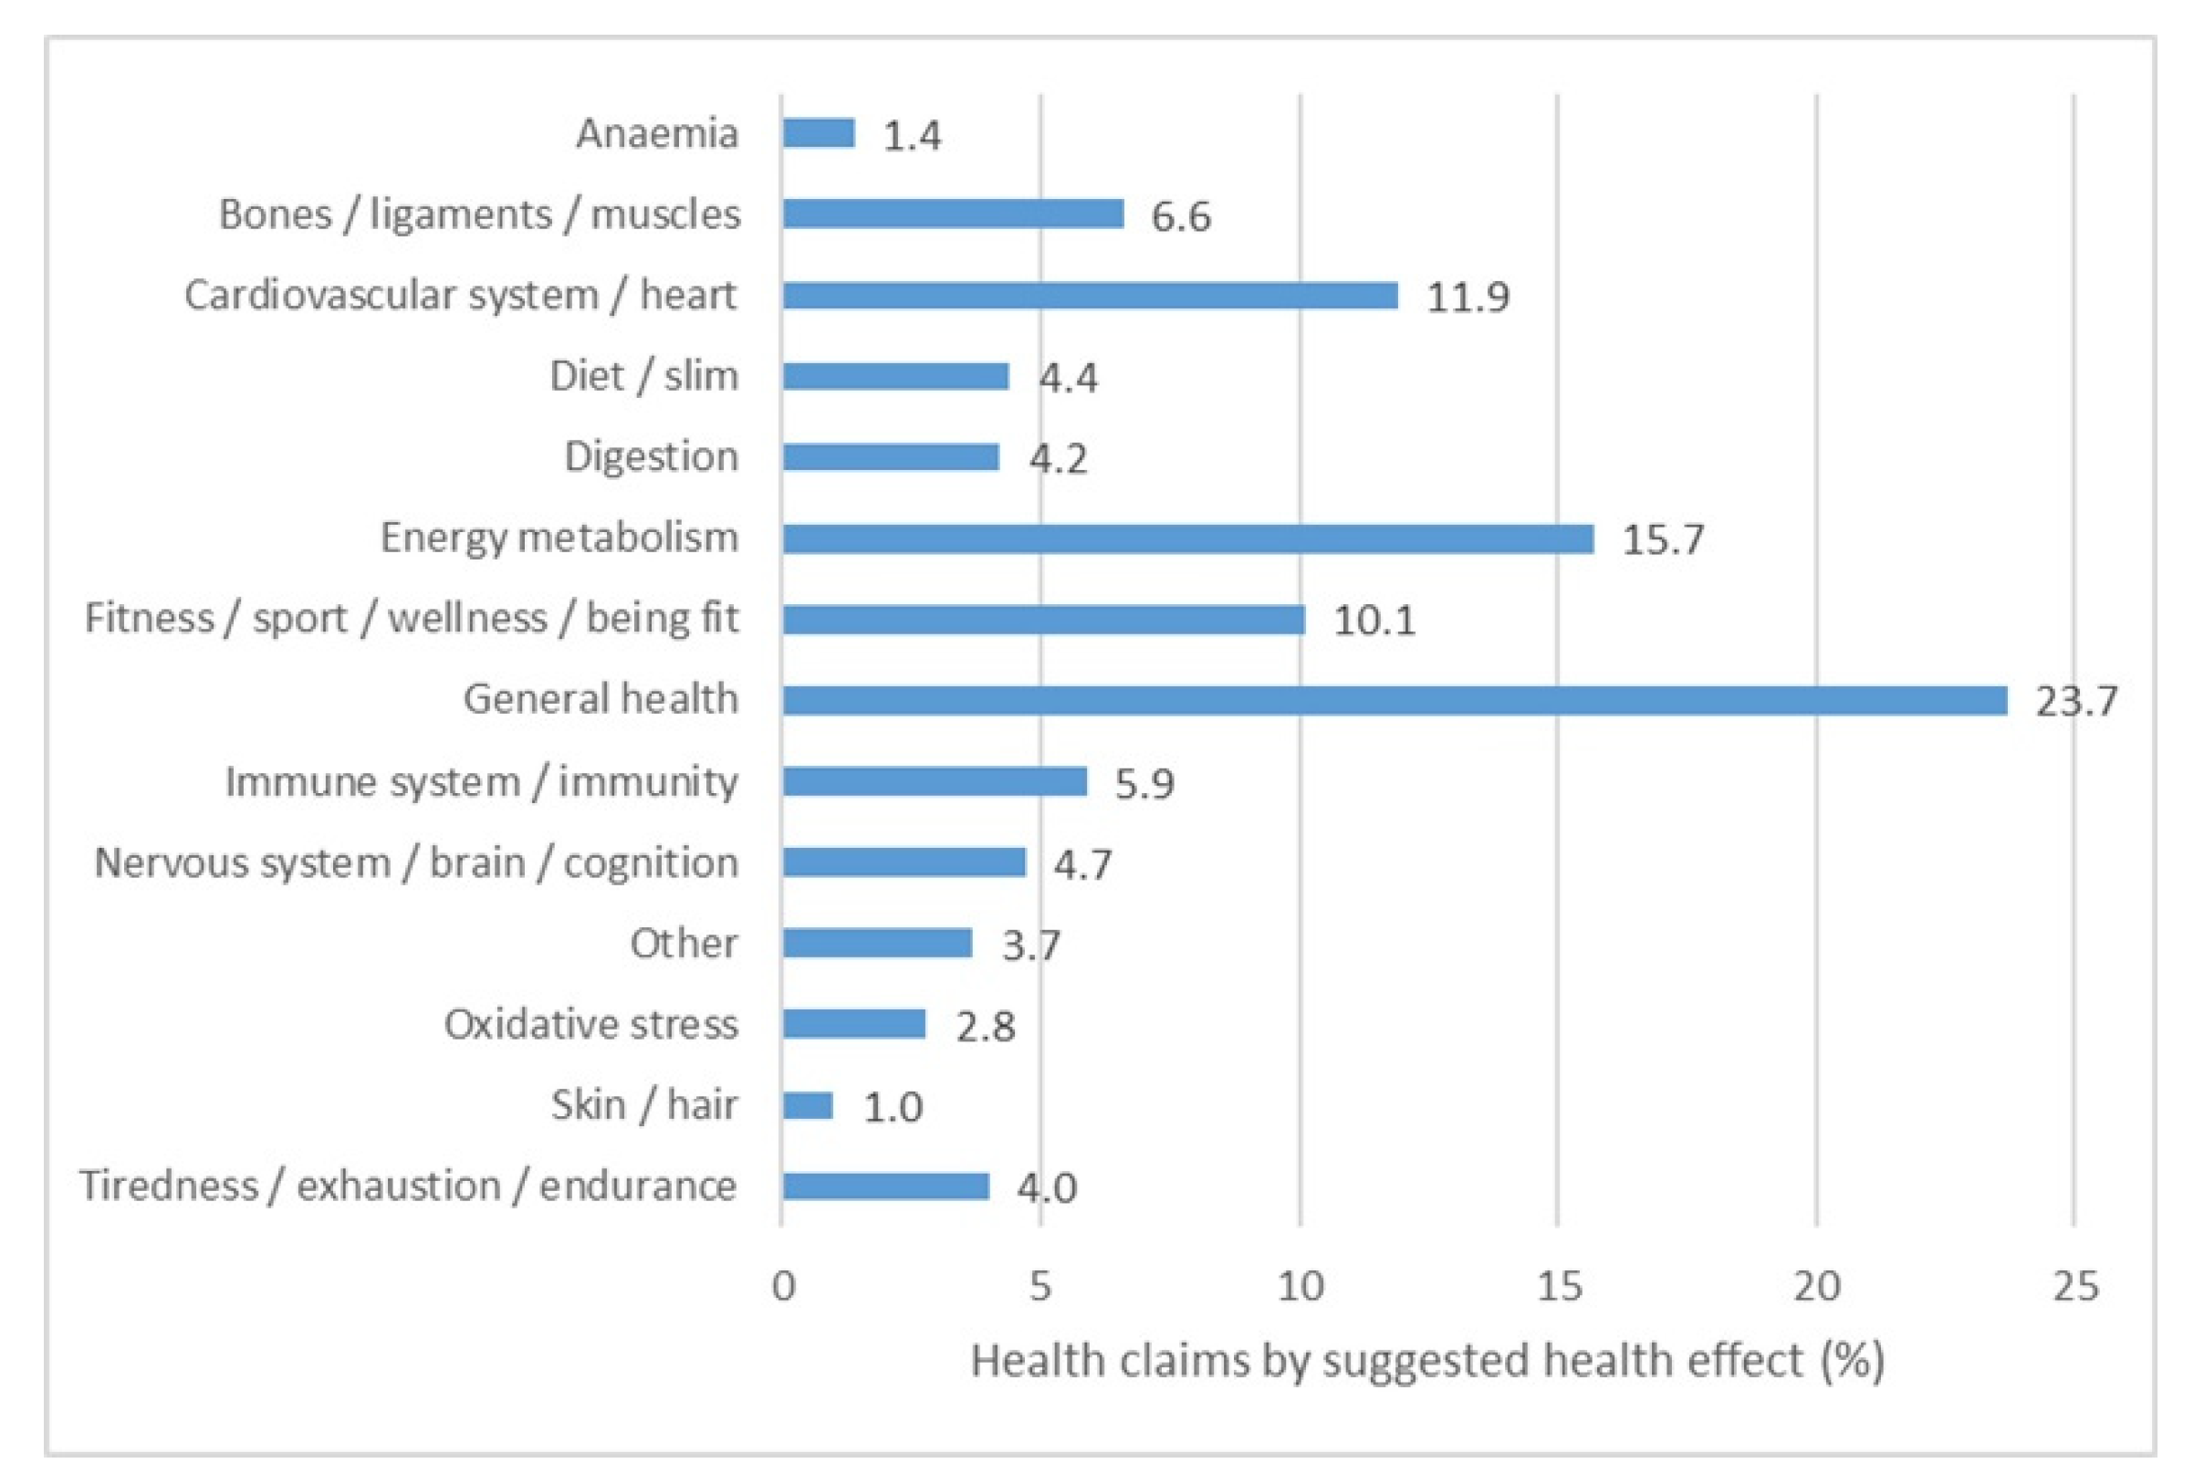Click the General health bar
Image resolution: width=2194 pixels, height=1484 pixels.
[1394, 700]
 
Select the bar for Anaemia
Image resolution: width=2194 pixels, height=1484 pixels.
[819, 133]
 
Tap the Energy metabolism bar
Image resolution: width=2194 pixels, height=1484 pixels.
[1187, 539]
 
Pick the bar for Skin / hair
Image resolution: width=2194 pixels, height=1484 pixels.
[808, 1105]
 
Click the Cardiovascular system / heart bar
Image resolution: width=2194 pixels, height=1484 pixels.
[1090, 296]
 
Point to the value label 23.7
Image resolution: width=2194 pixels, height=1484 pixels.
[2076, 702]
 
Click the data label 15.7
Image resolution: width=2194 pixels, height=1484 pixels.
[1663, 540]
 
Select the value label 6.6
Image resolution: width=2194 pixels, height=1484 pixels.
[1180, 216]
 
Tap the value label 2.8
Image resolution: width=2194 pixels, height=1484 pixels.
[985, 1026]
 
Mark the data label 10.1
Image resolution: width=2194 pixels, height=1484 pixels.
[1374, 622]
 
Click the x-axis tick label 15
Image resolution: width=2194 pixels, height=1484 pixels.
[1559, 1287]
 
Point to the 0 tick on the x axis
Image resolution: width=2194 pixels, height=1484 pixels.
[783, 1287]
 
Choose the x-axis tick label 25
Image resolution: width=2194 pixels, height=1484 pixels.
[2075, 1287]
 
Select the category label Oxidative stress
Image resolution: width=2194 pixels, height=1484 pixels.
[591, 1024]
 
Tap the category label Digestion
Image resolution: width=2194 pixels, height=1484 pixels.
[652, 457]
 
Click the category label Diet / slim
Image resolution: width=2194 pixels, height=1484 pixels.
[643, 376]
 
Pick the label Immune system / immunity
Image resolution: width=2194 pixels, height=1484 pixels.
[482, 781]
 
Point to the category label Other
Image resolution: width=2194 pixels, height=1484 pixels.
[684, 943]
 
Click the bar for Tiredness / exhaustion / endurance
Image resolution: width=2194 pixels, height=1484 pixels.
[885, 1186]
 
